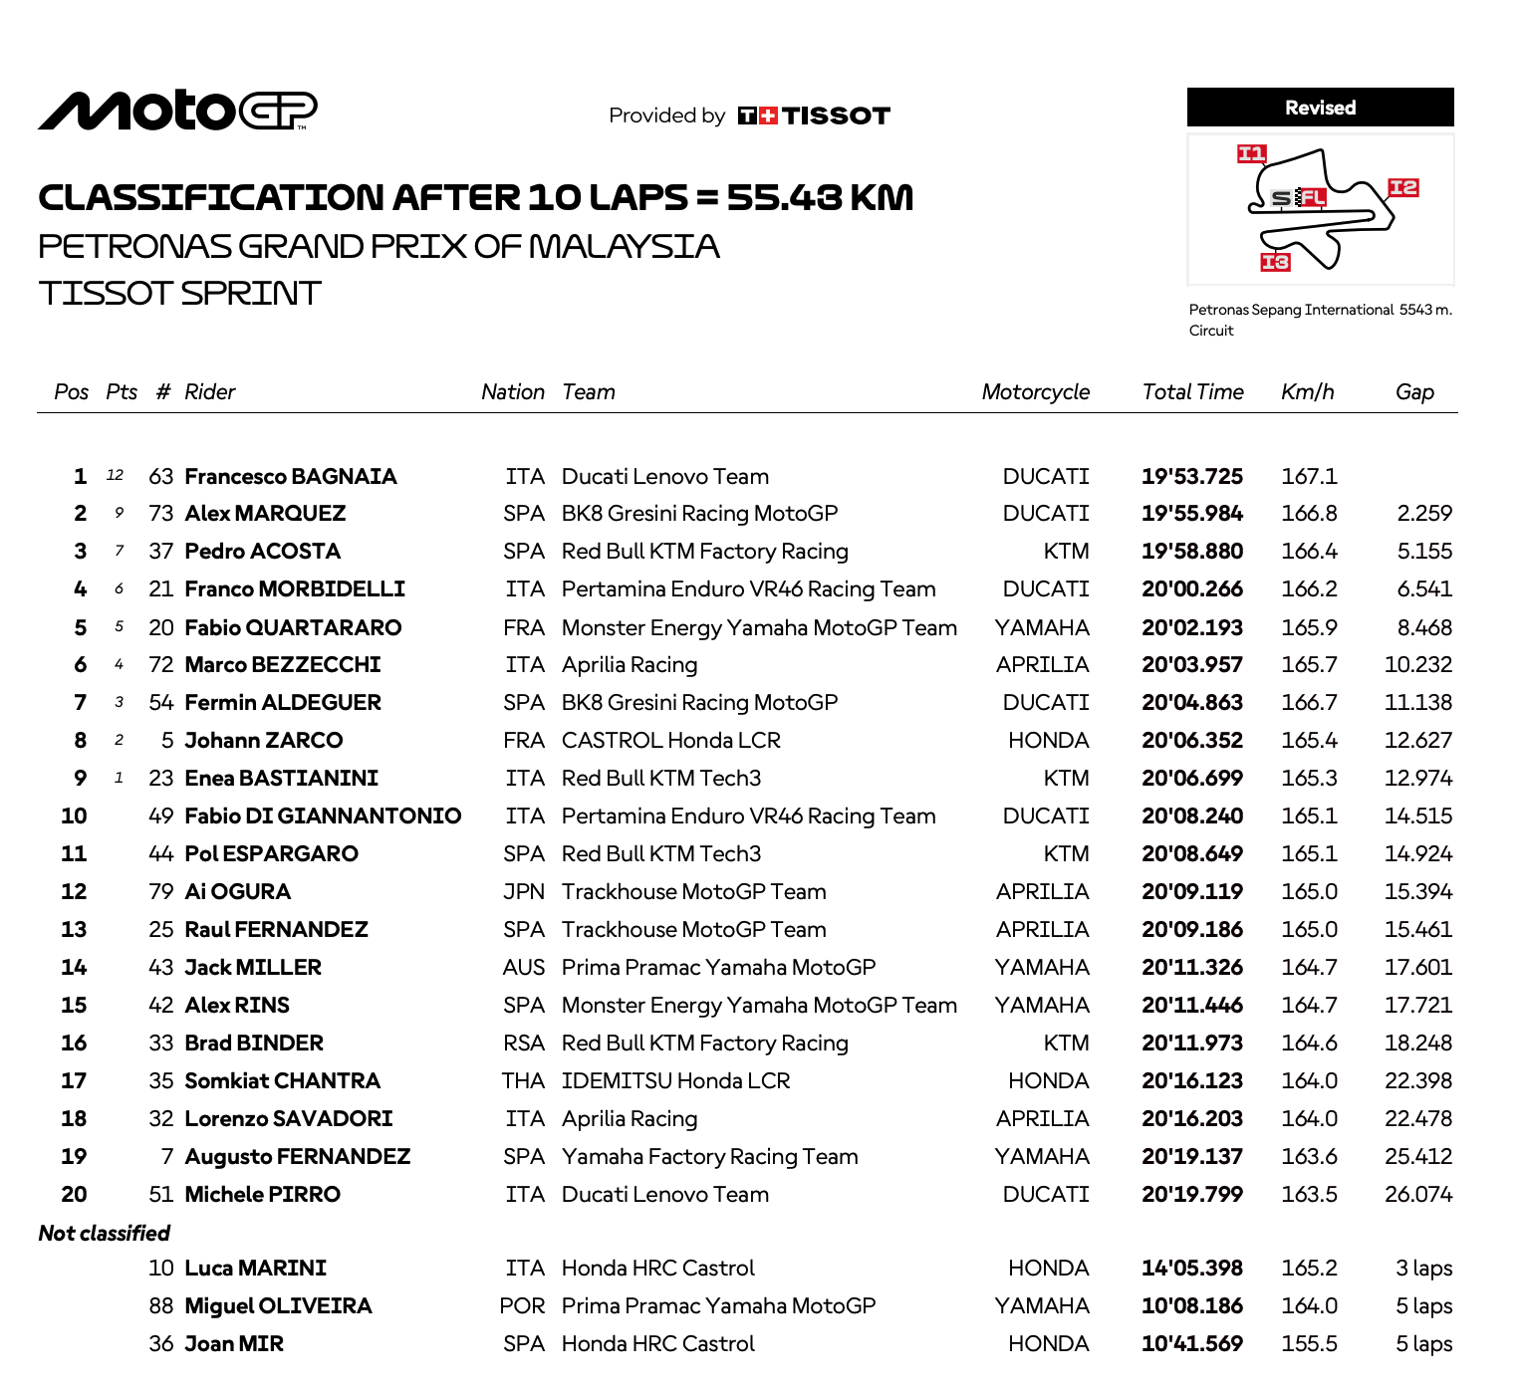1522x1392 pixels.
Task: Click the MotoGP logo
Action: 177,111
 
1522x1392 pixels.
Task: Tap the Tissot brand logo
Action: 814,116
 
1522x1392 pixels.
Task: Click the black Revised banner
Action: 1320,108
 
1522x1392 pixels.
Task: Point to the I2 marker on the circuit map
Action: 1403,187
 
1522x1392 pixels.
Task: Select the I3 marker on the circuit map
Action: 1275,262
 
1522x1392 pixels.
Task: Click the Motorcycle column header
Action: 1035,392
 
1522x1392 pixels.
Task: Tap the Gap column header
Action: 1414,392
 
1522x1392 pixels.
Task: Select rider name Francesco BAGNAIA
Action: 291,477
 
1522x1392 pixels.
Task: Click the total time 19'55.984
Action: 1192,514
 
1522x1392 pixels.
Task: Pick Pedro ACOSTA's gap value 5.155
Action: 1424,552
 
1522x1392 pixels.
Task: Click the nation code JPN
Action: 524,892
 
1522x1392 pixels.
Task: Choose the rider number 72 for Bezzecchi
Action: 161,665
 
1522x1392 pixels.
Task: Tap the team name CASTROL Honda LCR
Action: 670,741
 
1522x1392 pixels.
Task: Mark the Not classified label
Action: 105,1233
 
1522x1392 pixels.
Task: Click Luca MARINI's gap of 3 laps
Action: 1423,1269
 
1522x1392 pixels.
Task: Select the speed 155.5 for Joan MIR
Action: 1309,1344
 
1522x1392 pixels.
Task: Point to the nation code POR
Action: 523,1306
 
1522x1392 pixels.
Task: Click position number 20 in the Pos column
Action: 75,1195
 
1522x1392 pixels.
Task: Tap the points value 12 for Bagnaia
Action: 116,476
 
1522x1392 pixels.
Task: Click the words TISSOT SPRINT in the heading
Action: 180,294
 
